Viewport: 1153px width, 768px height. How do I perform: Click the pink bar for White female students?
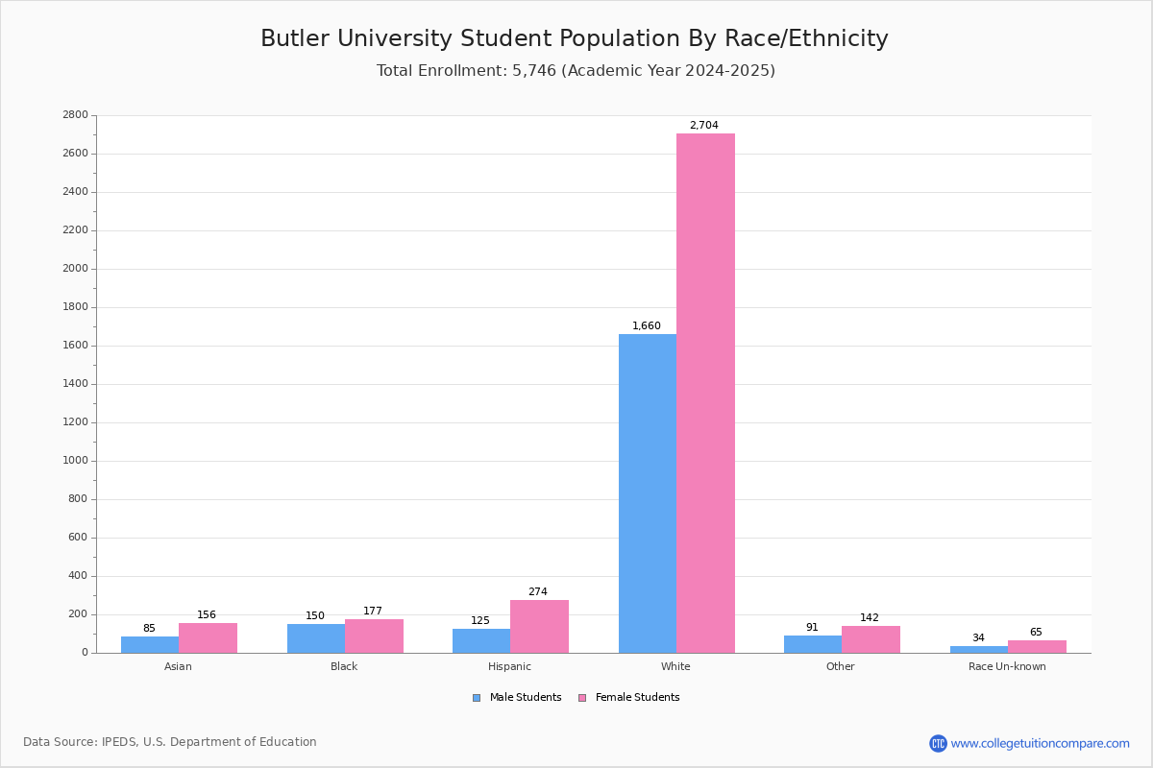(705, 394)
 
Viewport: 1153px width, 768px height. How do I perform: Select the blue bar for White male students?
(648, 493)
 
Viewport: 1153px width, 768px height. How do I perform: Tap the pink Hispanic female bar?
(539, 627)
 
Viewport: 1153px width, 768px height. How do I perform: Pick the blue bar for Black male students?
(316, 638)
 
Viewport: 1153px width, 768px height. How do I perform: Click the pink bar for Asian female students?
(208, 638)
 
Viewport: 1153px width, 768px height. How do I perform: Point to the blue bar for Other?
(813, 644)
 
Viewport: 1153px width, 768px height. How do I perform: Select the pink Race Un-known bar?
(1037, 647)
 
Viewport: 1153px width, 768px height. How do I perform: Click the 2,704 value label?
(703, 126)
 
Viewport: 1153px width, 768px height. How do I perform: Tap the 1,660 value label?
(647, 326)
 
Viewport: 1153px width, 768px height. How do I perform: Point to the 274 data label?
(537, 592)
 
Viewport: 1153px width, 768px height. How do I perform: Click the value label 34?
(978, 638)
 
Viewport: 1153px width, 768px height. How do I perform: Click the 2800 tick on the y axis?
(74, 115)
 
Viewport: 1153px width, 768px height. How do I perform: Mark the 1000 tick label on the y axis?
(74, 461)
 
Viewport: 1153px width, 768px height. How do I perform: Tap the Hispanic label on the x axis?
(509, 667)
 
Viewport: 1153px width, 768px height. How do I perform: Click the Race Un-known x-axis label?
(1007, 667)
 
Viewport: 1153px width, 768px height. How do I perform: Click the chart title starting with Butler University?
(575, 39)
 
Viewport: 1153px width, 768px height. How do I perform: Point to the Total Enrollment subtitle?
(576, 71)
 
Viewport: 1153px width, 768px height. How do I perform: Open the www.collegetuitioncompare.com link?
(1040, 744)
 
